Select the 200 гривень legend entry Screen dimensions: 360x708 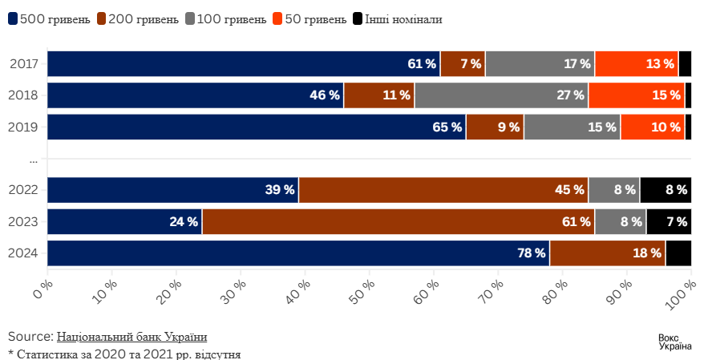click(137, 18)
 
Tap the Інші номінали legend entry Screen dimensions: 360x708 click(398, 18)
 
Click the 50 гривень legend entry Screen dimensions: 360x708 click(309, 18)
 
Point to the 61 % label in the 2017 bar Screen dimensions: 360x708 click(422, 63)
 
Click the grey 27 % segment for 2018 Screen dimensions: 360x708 click(501, 95)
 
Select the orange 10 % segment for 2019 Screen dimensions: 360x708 click(652, 127)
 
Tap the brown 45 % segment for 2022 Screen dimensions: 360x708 click(443, 190)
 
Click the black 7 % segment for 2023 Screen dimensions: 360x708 click(669, 221)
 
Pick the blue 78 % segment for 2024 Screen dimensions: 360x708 click(298, 253)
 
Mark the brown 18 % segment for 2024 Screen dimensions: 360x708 click(607, 253)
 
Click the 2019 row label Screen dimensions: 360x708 click(24, 127)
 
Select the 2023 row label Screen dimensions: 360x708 click(24, 221)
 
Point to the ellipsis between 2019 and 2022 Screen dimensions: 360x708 click(34, 160)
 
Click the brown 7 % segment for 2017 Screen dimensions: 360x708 click(463, 63)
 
